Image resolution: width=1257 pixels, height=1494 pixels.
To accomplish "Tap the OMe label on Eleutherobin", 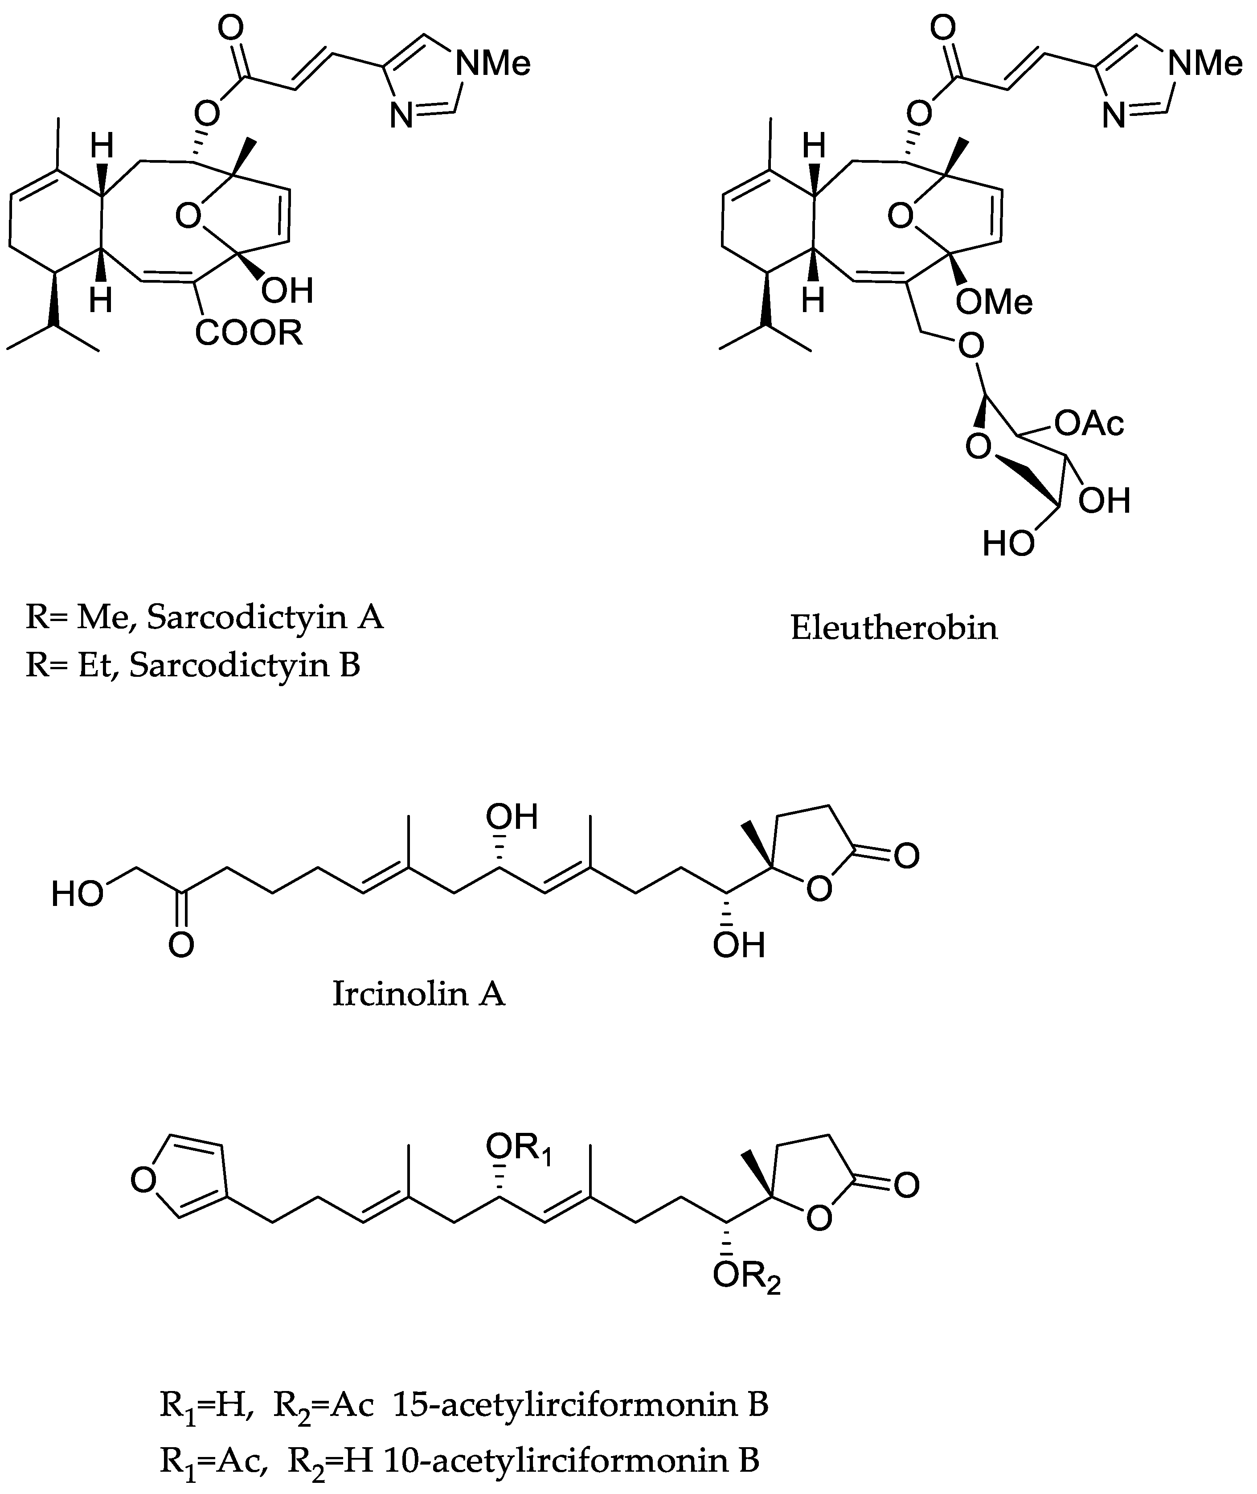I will coord(994,302).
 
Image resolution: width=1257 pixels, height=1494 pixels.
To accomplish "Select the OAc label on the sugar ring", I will coord(1089,424).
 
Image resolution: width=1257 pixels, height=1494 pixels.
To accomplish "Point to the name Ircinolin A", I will coord(418,994).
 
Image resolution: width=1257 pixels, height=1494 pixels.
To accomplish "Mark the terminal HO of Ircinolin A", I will coord(77,894).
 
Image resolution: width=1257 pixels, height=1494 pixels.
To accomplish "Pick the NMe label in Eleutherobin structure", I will coord(1205,64).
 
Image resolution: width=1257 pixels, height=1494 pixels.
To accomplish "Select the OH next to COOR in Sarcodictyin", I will coord(287,290).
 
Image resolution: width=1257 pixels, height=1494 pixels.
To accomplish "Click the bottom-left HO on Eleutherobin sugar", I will coord(1007,544).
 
